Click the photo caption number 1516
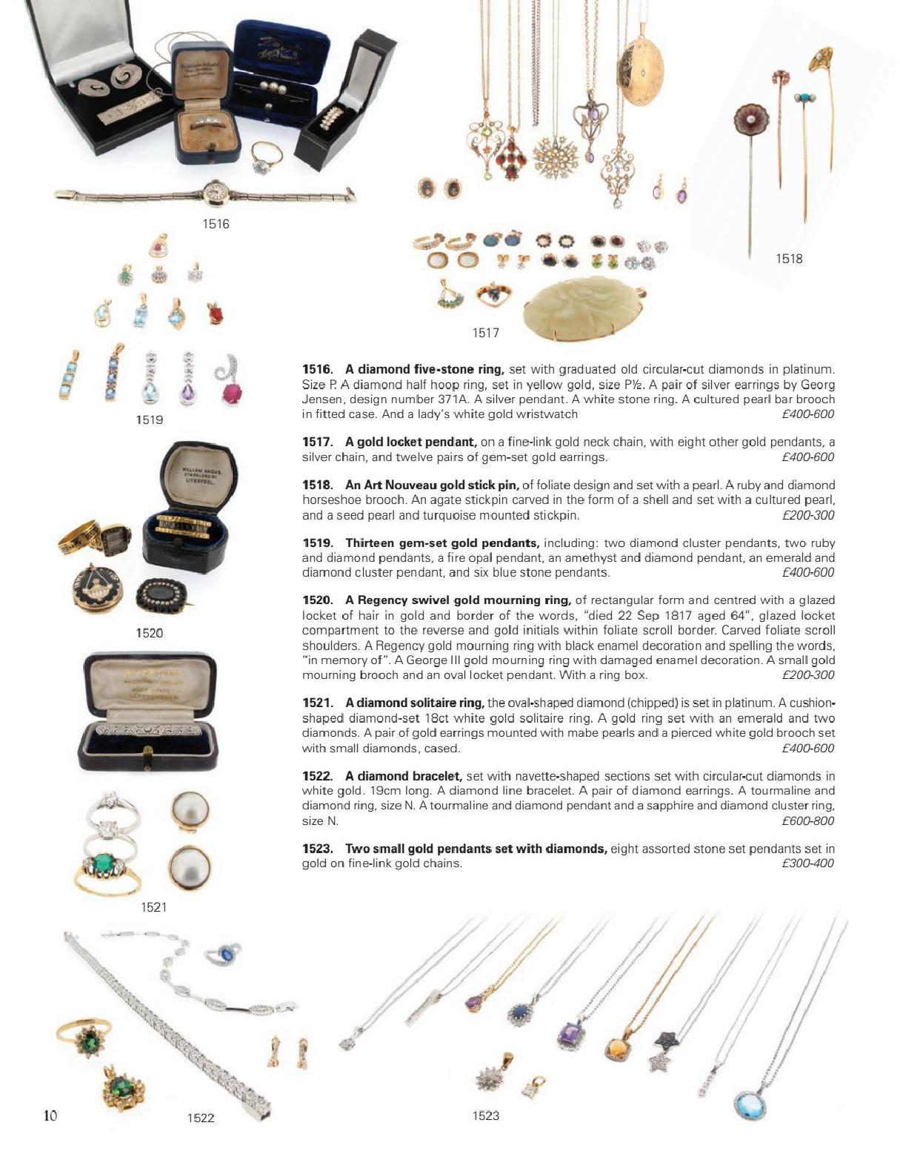click(216, 224)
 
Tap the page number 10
click(50, 1115)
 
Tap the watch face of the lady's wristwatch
click(220, 193)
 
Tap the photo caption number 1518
click(789, 259)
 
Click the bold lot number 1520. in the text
click(318, 600)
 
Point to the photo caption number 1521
click(154, 907)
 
